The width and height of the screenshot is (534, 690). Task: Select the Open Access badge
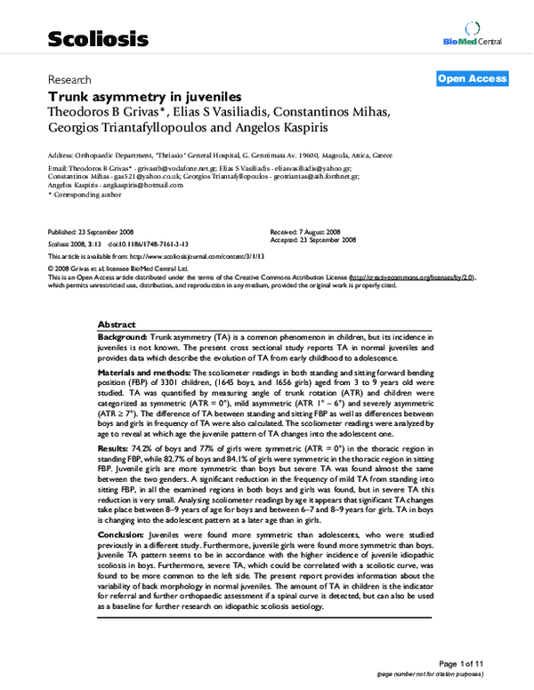click(472, 79)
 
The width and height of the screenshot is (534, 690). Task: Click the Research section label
click(69, 78)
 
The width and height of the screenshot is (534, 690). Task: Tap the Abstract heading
click(116, 325)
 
